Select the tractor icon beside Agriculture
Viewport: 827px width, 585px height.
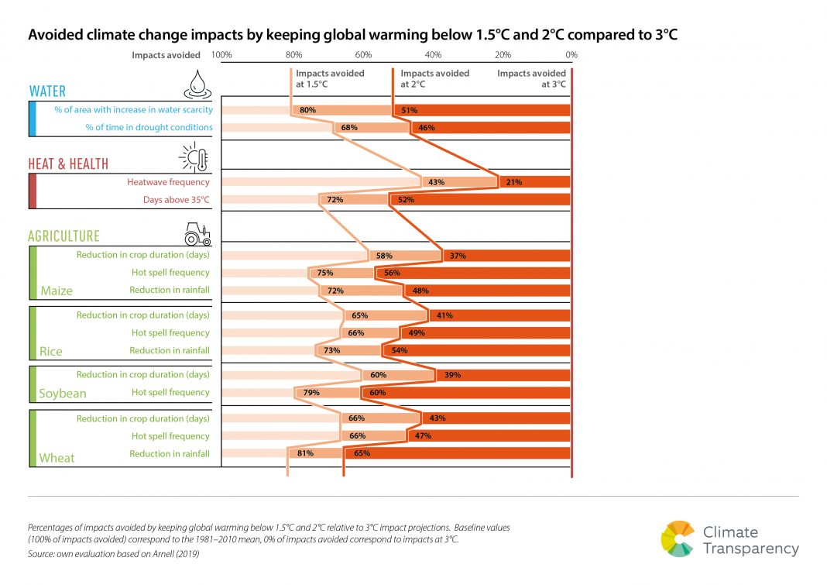pos(197,232)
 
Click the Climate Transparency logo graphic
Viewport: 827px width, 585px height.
pos(678,539)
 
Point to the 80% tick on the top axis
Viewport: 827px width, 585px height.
pos(293,55)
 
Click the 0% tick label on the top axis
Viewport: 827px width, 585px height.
pos(571,55)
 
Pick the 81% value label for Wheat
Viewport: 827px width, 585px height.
pos(304,453)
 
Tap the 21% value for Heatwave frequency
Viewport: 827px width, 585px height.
pos(513,182)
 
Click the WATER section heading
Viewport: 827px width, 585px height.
pos(47,91)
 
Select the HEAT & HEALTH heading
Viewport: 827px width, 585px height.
pos(68,164)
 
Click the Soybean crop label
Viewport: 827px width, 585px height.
pos(62,394)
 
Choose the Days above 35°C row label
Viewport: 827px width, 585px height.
pos(176,200)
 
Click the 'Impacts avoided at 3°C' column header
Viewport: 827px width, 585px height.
pos(531,78)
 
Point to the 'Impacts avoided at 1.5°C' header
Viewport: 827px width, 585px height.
pos(330,78)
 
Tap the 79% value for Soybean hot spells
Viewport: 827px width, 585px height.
pos(311,392)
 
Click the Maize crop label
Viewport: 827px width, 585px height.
pos(56,291)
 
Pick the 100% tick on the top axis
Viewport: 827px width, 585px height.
pos(221,55)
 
